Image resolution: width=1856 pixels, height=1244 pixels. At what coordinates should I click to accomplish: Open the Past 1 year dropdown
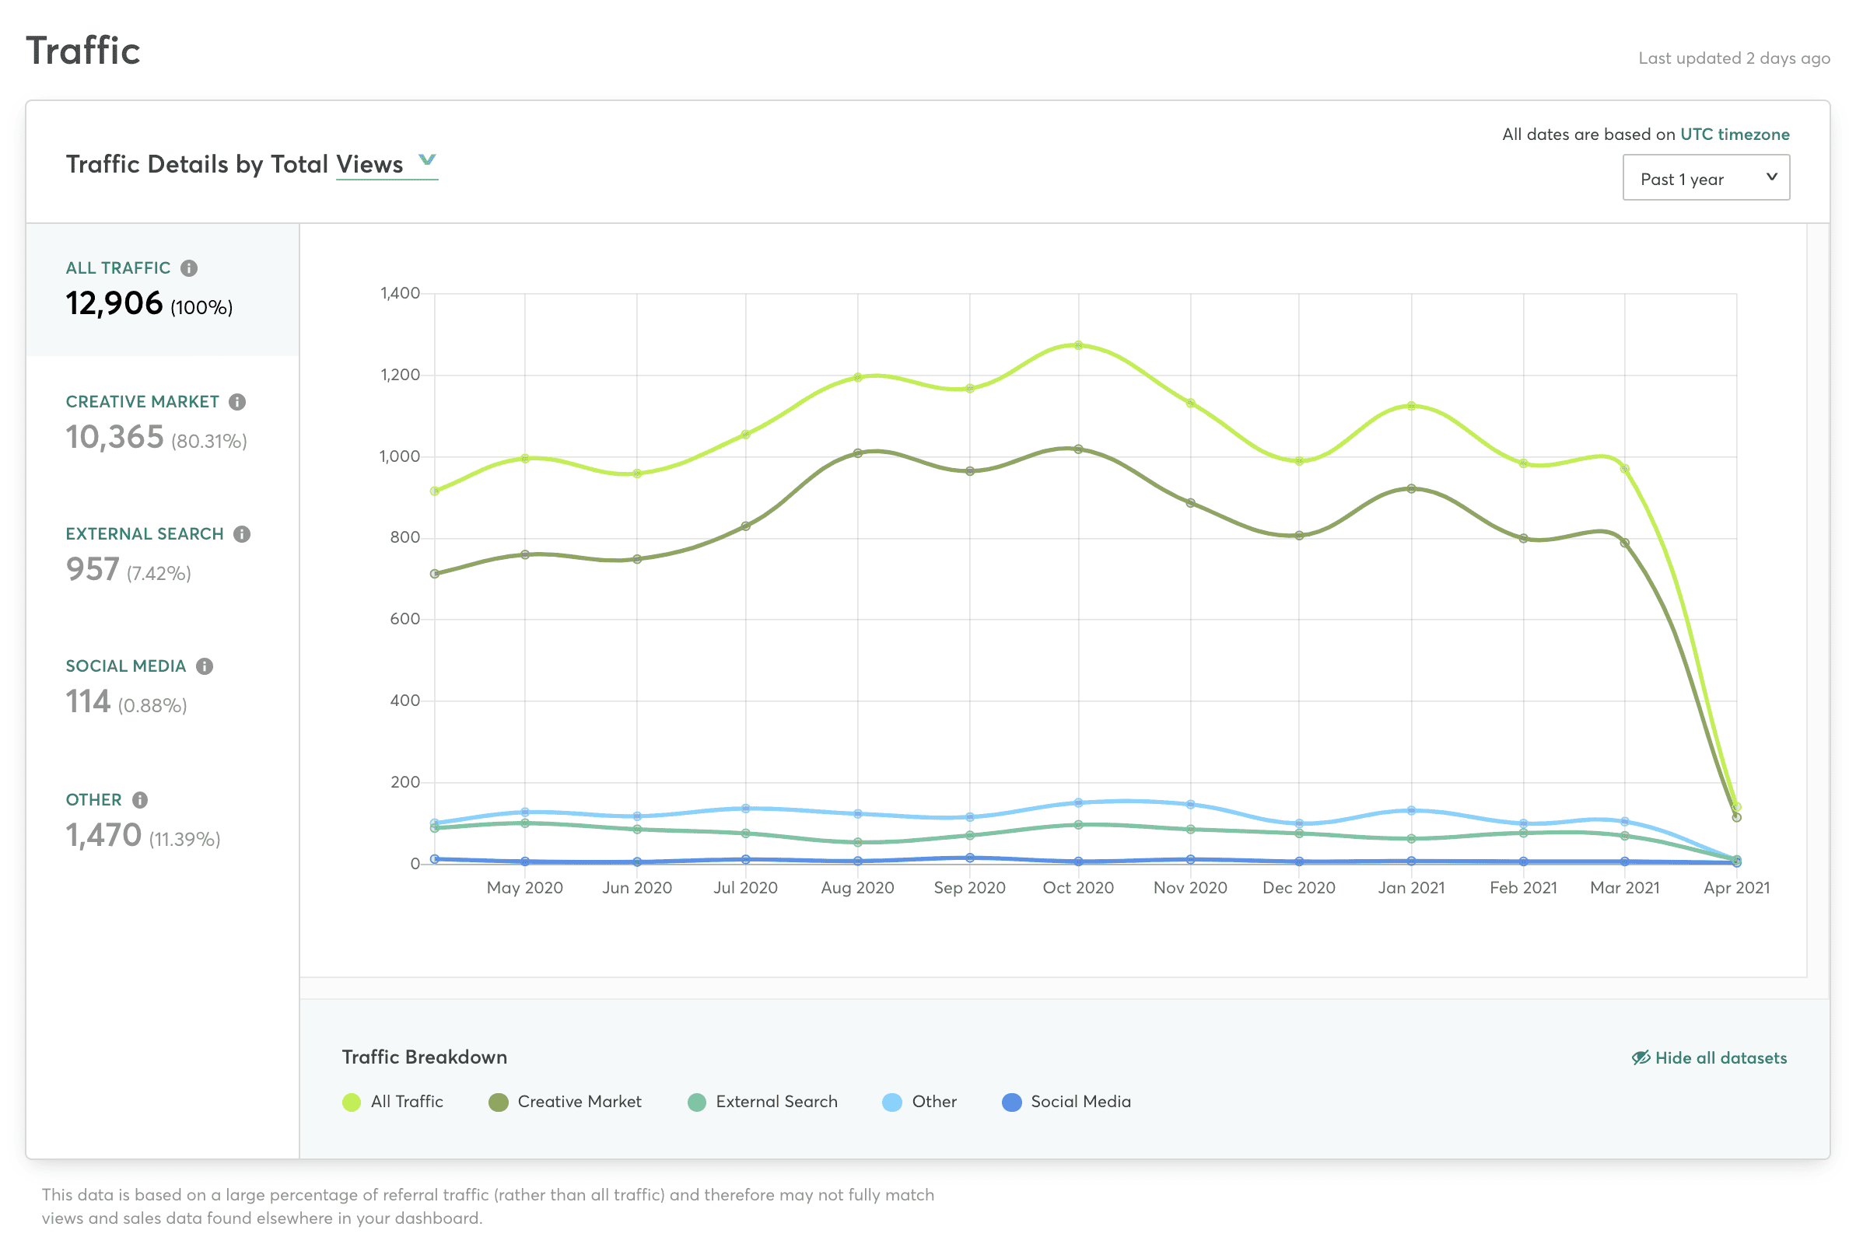click(1705, 178)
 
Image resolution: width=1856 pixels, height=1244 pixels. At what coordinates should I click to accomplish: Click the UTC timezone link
click(1734, 134)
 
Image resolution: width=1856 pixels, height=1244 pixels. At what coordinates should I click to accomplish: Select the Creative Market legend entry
click(564, 1101)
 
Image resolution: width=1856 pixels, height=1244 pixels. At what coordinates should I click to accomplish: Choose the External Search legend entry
click(762, 1101)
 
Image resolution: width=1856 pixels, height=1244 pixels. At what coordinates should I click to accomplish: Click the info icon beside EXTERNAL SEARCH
click(242, 534)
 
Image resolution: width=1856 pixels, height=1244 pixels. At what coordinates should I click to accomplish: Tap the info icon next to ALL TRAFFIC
click(189, 268)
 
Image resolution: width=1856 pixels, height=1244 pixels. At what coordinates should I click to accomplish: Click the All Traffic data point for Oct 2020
click(1078, 345)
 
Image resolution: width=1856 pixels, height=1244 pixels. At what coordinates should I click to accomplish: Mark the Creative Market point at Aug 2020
click(858, 453)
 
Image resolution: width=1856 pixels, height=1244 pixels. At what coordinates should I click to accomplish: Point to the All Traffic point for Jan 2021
click(1411, 405)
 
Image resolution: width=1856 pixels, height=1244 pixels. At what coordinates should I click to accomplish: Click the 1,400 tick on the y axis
click(400, 293)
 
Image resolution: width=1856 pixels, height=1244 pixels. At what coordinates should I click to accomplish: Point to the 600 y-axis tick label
click(404, 618)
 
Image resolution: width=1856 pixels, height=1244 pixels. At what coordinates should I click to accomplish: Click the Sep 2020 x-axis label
click(970, 887)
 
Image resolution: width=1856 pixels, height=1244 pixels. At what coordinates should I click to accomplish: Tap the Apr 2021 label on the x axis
click(1736, 887)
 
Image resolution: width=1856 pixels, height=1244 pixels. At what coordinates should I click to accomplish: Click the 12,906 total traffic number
click(114, 303)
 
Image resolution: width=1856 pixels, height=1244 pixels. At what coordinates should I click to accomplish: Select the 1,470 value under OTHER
click(104, 834)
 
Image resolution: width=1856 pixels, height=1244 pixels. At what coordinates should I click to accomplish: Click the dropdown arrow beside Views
click(427, 159)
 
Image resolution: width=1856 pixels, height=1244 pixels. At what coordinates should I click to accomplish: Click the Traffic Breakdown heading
click(425, 1057)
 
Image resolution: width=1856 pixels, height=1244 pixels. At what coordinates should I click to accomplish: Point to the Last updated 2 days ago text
click(1734, 58)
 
